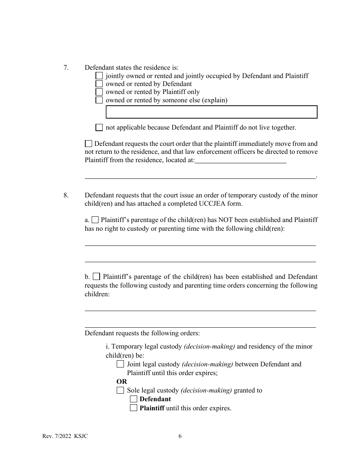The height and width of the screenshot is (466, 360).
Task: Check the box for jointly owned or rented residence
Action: pos(99,76)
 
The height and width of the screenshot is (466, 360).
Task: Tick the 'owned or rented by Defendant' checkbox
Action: pos(99,84)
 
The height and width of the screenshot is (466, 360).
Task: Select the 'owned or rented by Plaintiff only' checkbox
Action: pos(99,92)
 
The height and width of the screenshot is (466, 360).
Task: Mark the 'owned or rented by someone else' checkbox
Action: pos(99,100)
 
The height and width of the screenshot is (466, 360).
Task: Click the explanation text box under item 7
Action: pos(211,112)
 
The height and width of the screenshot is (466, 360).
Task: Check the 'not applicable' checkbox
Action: pos(99,128)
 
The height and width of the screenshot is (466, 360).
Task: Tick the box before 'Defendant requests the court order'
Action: pos(88,144)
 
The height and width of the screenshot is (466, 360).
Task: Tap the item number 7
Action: pos(66,68)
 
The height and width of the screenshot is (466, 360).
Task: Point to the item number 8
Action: pos(66,195)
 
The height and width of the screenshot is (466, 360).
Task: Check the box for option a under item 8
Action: pos(95,220)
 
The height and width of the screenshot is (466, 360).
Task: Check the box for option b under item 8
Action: pos(96,277)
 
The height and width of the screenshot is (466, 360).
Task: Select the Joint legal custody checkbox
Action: pos(120,364)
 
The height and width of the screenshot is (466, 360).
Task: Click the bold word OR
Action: pos(122,382)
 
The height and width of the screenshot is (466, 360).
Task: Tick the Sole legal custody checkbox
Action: pos(120,390)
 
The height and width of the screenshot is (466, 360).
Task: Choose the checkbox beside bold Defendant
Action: pos(133,399)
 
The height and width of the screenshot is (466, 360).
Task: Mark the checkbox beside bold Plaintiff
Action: pos(133,408)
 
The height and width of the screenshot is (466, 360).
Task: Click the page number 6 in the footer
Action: pos(180,436)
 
